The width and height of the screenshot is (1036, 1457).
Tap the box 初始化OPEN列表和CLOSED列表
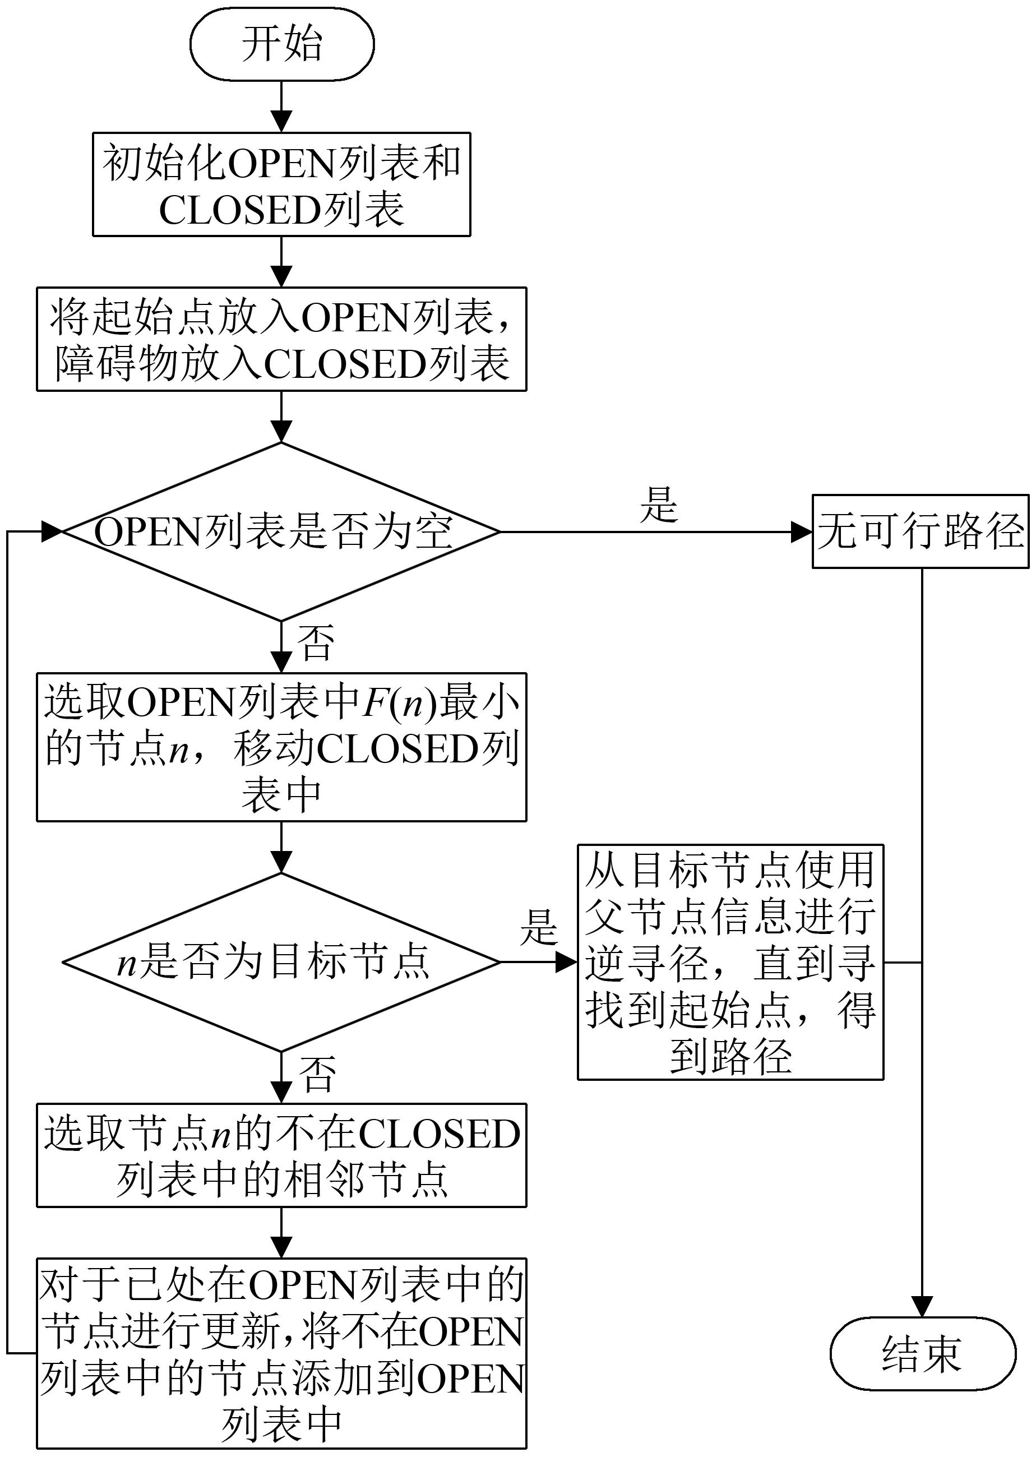pyautogui.click(x=281, y=184)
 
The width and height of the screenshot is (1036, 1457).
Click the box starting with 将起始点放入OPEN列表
pyautogui.click(x=281, y=339)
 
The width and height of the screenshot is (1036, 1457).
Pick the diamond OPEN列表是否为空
pyautogui.click(x=281, y=531)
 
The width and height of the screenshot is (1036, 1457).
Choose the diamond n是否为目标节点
pyautogui.click(x=281, y=962)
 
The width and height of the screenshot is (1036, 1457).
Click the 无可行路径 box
pyautogui.click(x=921, y=531)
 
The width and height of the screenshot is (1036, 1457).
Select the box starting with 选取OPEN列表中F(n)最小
pyautogui.click(x=281, y=747)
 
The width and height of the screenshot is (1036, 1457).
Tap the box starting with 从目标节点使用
pyautogui.click(x=730, y=962)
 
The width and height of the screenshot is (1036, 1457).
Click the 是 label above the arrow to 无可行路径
pyautogui.click(x=658, y=505)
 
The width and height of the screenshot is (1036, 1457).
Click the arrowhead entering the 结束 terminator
pyautogui.click(x=922, y=1306)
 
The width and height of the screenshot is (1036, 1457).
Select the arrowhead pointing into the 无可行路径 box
pyautogui.click(x=801, y=531)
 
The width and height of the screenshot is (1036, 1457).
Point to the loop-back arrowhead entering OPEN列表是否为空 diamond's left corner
pyautogui.click(x=51, y=531)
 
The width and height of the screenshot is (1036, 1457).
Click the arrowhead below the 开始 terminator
pyautogui.click(x=281, y=121)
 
